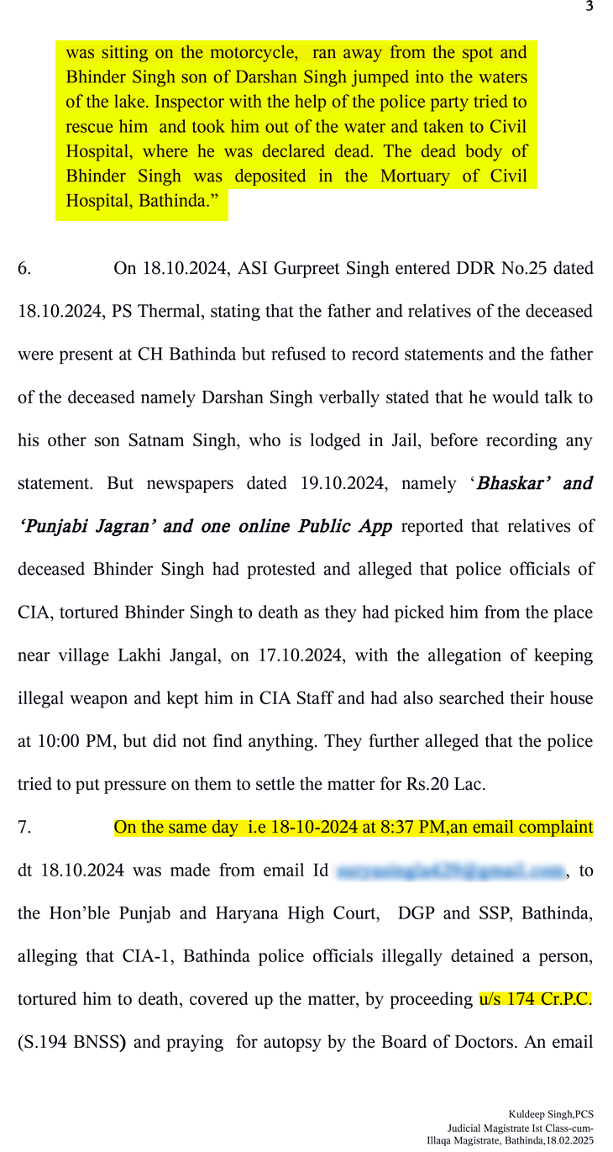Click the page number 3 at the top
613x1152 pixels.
click(x=589, y=7)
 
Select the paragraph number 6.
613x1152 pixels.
click(x=24, y=269)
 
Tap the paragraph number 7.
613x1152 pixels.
click(x=24, y=828)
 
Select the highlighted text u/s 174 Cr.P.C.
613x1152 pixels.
click(x=536, y=999)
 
